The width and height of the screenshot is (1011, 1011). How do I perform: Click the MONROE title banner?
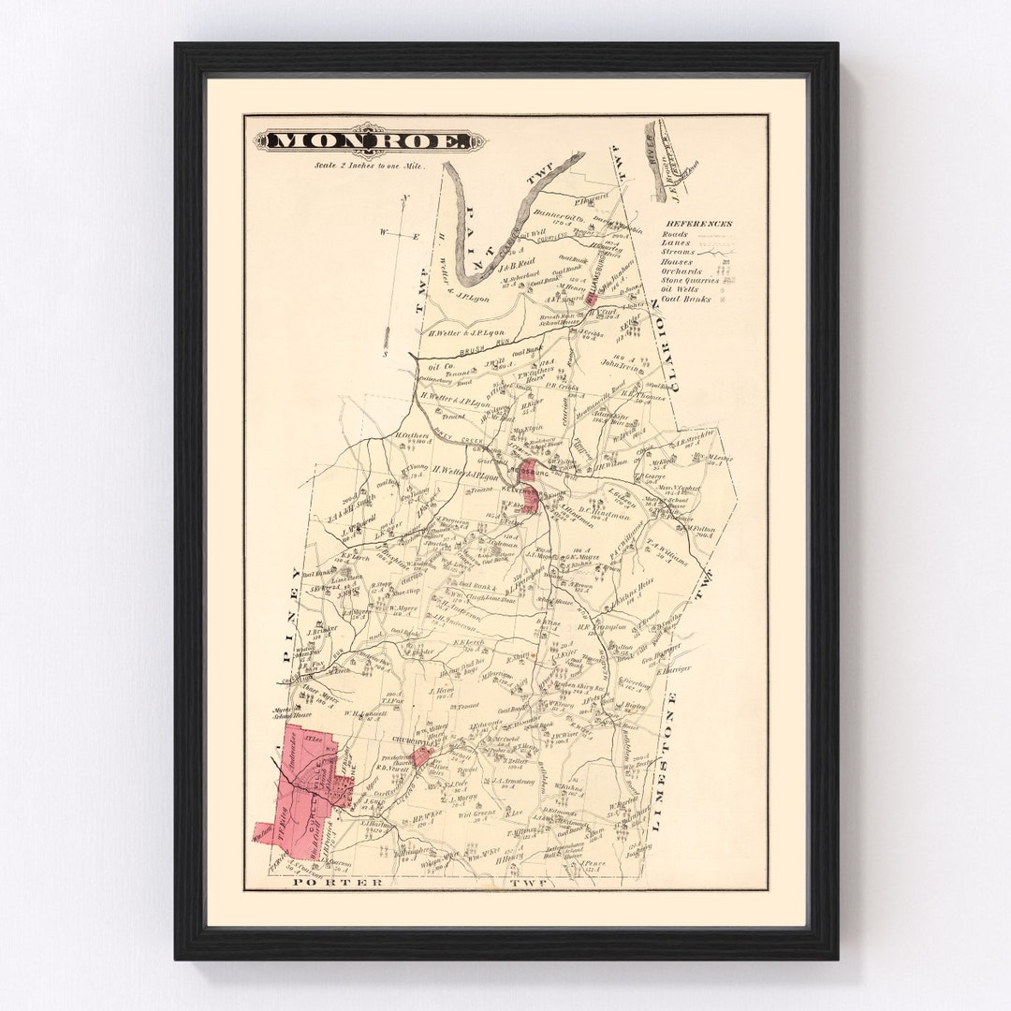(371, 141)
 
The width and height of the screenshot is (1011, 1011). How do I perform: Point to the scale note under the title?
(371, 166)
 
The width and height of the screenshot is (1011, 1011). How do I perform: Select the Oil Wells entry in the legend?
(688, 289)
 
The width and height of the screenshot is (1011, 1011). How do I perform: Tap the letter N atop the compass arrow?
(404, 198)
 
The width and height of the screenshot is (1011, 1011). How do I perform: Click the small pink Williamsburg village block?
(591, 298)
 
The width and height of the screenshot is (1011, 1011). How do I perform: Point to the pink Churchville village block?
(420, 755)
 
